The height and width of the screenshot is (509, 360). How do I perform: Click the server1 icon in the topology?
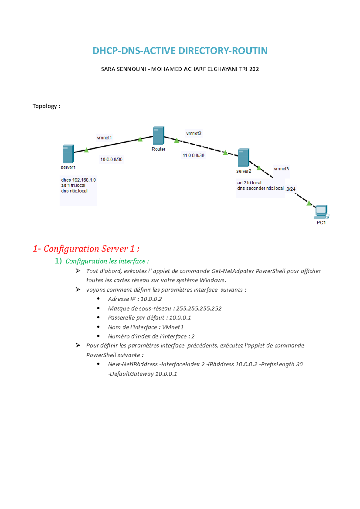tap(68, 154)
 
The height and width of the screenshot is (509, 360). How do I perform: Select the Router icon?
tap(158, 136)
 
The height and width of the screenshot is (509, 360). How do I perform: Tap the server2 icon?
tap(243, 157)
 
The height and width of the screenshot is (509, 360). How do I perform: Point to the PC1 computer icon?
tap(321, 212)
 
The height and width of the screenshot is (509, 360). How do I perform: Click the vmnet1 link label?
tap(104, 138)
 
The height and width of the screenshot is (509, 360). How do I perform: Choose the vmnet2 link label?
tap(193, 133)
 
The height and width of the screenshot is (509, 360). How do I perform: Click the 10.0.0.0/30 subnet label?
tap(111, 159)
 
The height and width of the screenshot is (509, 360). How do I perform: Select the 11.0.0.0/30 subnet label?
tap(193, 155)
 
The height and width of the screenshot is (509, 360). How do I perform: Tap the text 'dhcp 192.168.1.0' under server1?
tap(78, 180)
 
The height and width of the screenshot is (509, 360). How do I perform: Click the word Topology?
tap(45, 106)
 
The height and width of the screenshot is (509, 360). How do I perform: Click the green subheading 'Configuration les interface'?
tap(107, 261)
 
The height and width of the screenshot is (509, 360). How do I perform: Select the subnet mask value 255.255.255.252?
tap(199, 308)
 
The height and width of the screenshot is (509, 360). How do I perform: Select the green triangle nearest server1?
tap(86, 150)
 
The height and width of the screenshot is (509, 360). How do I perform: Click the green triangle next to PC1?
tap(309, 203)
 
